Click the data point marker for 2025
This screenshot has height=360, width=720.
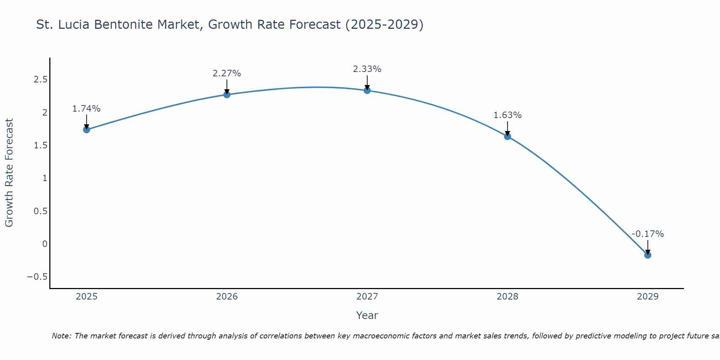86,130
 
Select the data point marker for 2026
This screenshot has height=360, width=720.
227,95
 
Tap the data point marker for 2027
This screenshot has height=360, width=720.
367,90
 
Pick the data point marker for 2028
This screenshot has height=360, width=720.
508,136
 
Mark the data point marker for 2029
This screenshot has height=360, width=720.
648,255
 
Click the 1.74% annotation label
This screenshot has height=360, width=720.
86,109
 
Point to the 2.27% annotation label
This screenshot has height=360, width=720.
227,73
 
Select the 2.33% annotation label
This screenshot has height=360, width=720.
367,69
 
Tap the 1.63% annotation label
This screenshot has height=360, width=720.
508,115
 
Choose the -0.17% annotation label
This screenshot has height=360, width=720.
648,234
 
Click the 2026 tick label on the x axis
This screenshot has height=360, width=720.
227,297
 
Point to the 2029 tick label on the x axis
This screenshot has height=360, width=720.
648,297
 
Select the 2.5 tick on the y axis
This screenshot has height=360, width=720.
41,80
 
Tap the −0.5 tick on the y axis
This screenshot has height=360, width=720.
37,277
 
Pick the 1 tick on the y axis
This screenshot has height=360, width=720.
45,178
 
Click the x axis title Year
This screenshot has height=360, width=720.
367,315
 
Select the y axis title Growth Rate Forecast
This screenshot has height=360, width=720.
9,173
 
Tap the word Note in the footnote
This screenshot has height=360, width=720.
61,336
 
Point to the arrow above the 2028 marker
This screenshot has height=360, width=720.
508,129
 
